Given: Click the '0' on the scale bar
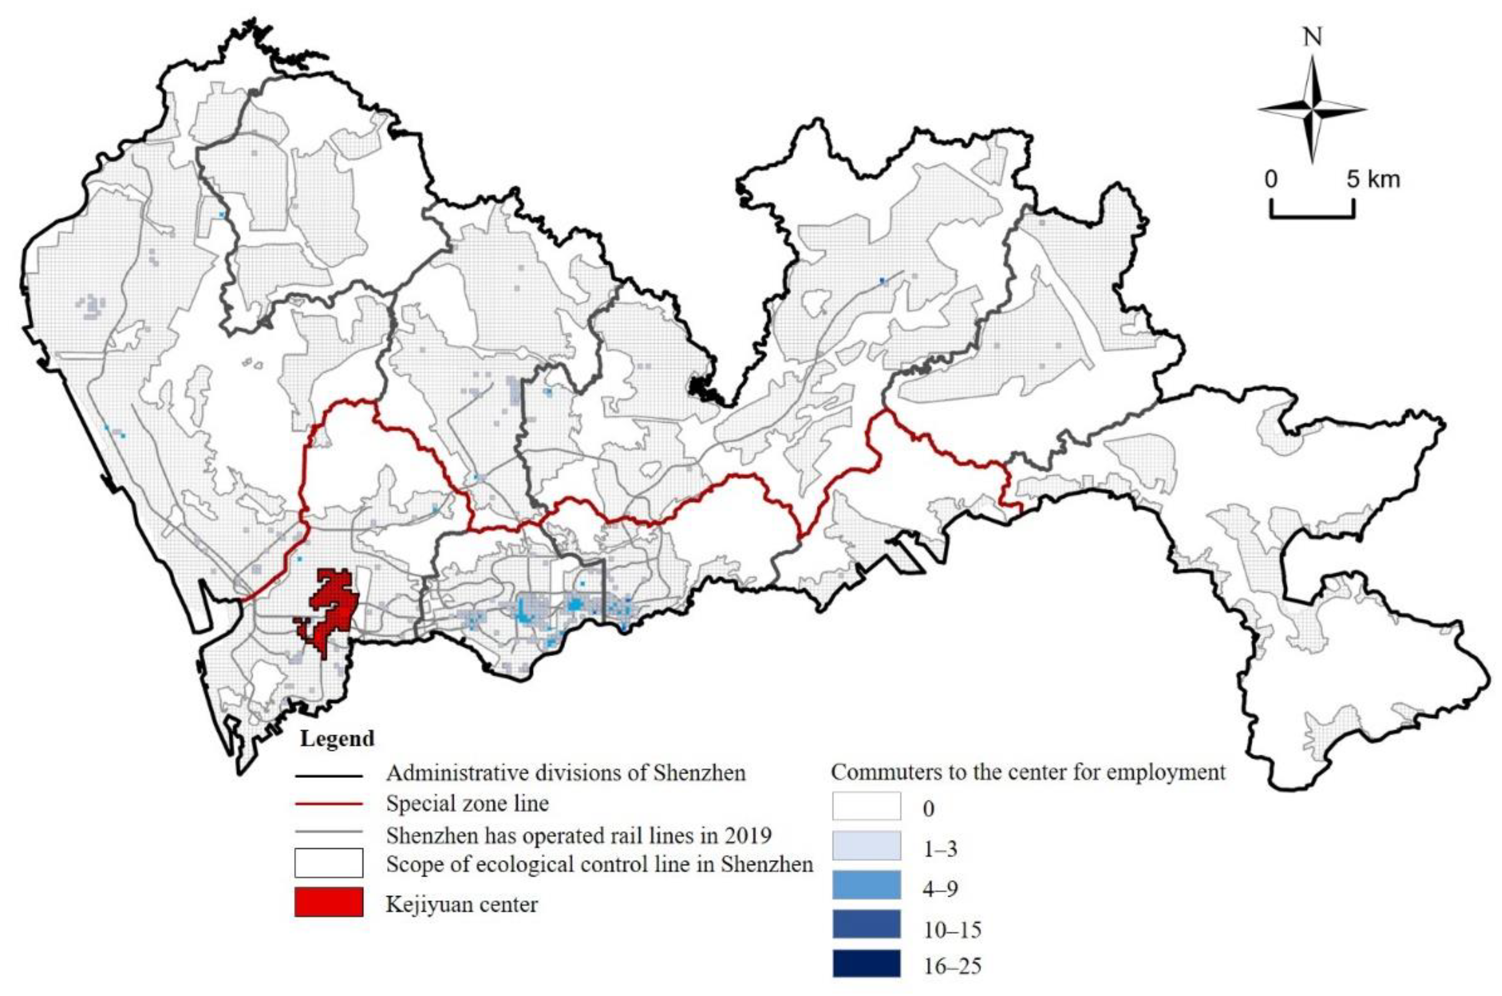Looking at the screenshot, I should click(x=1271, y=180).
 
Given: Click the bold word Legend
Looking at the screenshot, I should click(x=337, y=739).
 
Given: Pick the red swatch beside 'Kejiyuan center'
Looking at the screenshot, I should click(x=329, y=903).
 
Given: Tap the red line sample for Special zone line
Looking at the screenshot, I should click(x=329, y=804).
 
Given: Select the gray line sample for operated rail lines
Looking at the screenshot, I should click(x=329, y=832).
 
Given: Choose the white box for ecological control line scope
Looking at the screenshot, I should click(x=329, y=863).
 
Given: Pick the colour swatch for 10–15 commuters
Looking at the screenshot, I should click(x=866, y=924).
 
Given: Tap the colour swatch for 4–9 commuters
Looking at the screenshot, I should click(x=866, y=884).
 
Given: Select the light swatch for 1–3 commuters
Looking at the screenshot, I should click(x=866, y=846).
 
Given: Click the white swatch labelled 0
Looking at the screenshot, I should click(x=866, y=806).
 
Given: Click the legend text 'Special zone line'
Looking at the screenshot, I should click(x=467, y=804).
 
